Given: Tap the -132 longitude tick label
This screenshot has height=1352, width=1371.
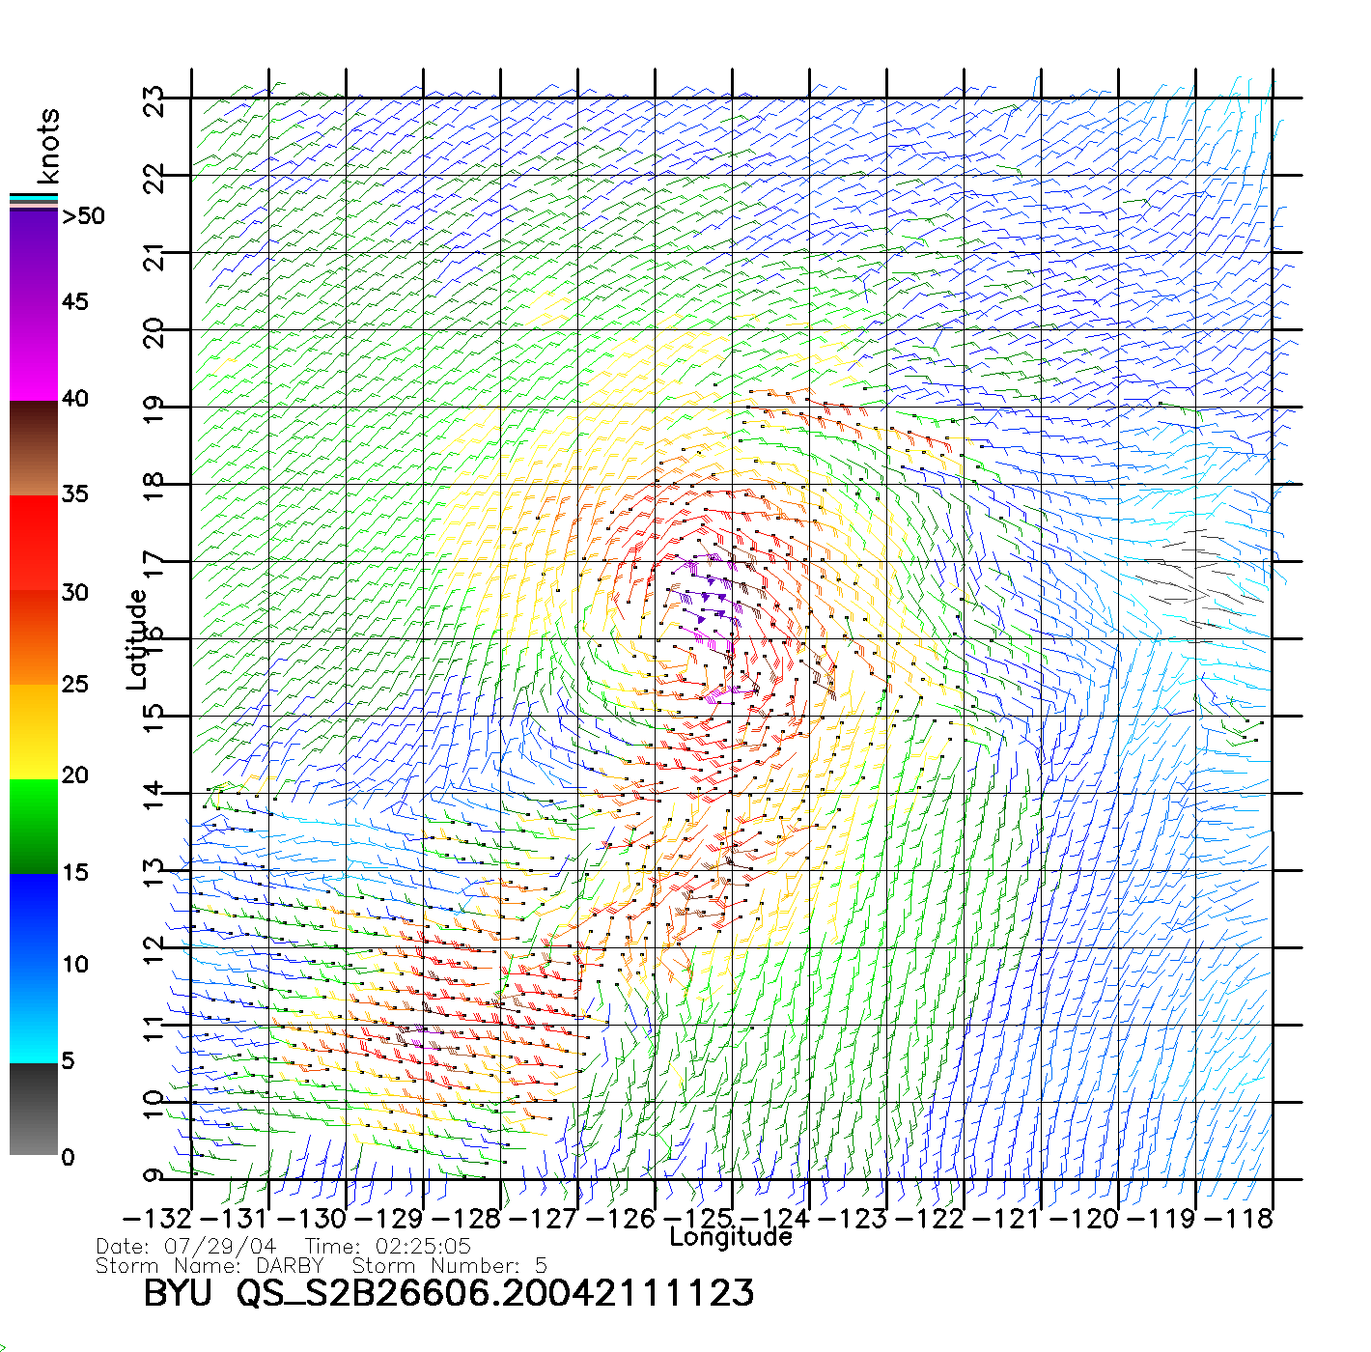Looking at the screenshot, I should [x=157, y=1219].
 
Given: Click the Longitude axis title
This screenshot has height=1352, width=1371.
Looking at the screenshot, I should [x=731, y=1237].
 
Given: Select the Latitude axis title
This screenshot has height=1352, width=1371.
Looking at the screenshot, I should [x=137, y=639].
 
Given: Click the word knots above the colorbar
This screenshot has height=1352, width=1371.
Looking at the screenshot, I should [x=48, y=146].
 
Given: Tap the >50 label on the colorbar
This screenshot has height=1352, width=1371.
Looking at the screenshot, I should [x=83, y=216].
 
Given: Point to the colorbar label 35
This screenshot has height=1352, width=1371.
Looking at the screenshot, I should [x=75, y=494].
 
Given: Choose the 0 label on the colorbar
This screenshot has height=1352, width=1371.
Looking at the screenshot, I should [x=68, y=1157].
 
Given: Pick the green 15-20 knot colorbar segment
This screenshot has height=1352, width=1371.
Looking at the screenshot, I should [x=34, y=826].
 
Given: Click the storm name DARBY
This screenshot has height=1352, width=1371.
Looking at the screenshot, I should [x=290, y=1266].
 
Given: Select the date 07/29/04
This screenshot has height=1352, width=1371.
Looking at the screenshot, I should [x=220, y=1247].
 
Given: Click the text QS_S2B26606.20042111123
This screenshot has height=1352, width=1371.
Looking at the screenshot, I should [x=495, y=1293].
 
